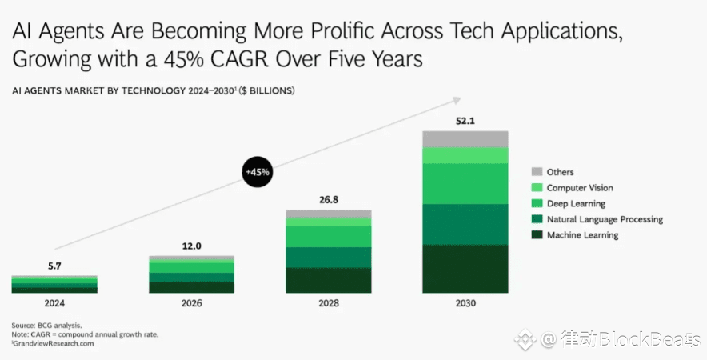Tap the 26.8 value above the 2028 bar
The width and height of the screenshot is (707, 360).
pyautogui.click(x=328, y=199)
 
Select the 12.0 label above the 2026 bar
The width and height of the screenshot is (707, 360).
pyautogui.click(x=191, y=246)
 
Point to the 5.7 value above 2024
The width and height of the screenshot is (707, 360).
pyautogui.click(x=54, y=266)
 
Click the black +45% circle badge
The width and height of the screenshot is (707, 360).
pyautogui.click(x=258, y=171)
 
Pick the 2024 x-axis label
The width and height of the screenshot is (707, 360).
pyautogui.click(x=54, y=303)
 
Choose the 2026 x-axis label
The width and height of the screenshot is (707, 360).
pyautogui.click(x=191, y=303)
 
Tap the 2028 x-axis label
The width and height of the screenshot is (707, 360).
pyautogui.click(x=328, y=303)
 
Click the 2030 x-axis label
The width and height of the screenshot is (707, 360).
pyautogui.click(x=465, y=303)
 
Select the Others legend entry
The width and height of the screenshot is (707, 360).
pyautogui.click(x=560, y=172)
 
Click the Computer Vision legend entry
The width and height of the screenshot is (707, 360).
pyautogui.click(x=580, y=188)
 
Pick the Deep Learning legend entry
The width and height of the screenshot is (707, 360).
pyautogui.click(x=576, y=204)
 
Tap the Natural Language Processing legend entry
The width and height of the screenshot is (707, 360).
pyautogui.click(x=605, y=219)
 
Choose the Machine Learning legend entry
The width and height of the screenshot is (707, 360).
pyautogui.click(x=582, y=235)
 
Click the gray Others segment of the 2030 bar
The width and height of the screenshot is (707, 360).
pyautogui.click(x=465, y=138)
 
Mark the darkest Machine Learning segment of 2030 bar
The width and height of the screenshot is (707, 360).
pyautogui.click(x=465, y=269)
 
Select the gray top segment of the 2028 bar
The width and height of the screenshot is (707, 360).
pyautogui.click(x=328, y=214)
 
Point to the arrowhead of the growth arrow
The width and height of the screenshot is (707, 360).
pyautogui.click(x=457, y=100)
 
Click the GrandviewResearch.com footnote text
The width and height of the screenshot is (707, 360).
pyautogui.click(x=54, y=343)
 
